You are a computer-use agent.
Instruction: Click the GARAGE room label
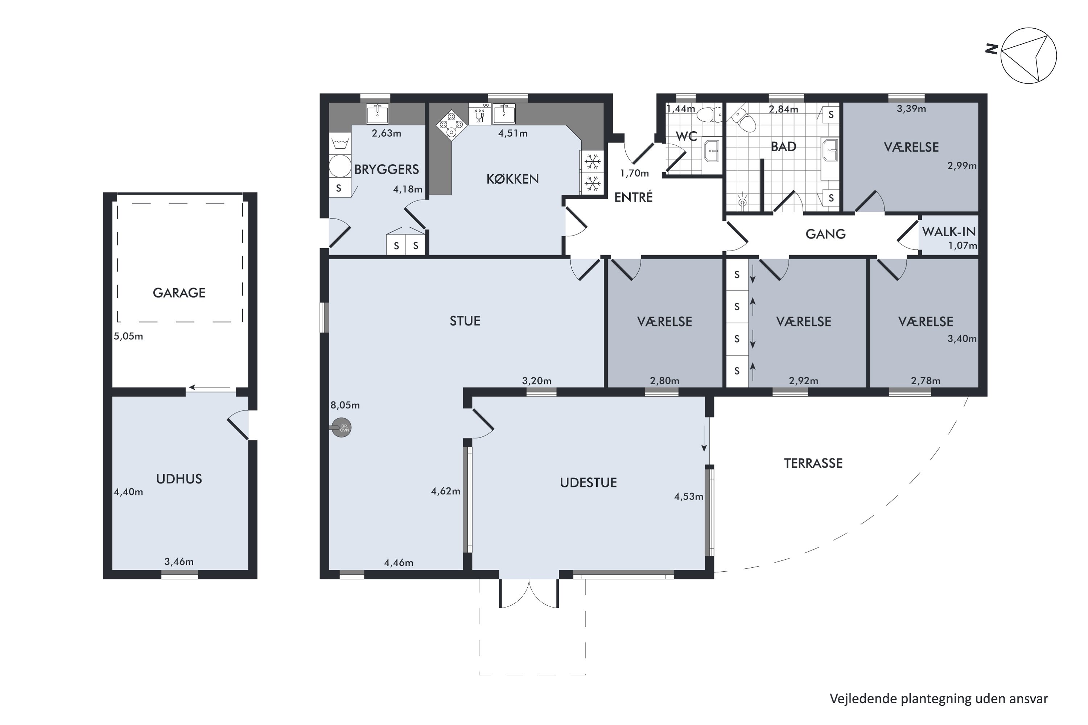tap(179, 293)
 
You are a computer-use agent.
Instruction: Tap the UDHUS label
tap(179, 479)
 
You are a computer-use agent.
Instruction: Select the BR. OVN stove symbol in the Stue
tap(342, 428)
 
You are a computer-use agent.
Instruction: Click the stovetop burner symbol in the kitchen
tap(452, 124)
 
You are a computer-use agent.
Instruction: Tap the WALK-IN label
tap(949, 232)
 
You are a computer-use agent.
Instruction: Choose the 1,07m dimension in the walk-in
tap(963, 245)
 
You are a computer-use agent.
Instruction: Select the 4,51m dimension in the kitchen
tap(512, 134)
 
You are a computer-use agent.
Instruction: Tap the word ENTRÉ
tap(633, 198)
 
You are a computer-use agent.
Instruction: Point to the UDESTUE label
tap(588, 483)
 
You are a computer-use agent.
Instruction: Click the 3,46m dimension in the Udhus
tap(179, 562)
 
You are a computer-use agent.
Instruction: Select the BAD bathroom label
tap(784, 147)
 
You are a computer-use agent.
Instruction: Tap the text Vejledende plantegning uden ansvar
tap(939, 699)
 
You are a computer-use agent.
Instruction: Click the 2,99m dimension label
tap(962, 166)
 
